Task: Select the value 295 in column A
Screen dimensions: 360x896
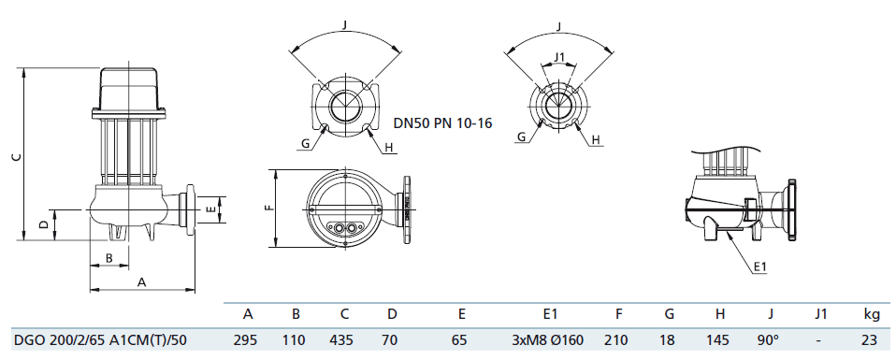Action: pos(246,340)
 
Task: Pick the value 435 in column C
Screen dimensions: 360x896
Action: pos(343,340)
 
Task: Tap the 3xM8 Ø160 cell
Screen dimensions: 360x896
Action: pos(549,340)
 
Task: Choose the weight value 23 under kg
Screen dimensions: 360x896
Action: pos(870,340)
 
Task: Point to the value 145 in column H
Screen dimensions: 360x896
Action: pos(718,340)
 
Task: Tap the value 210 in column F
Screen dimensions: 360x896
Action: pos(618,340)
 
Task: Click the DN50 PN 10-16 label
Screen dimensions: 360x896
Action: pos(441,122)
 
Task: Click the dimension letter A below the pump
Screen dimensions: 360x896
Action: pos(142,281)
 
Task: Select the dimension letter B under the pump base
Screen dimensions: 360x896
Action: pos(108,258)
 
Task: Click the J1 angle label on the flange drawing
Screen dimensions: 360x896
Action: pos(559,58)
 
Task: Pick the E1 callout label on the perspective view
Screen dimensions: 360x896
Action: pos(759,267)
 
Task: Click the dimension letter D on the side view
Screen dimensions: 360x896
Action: pos(43,224)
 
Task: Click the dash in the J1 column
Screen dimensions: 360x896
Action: pos(820,340)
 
